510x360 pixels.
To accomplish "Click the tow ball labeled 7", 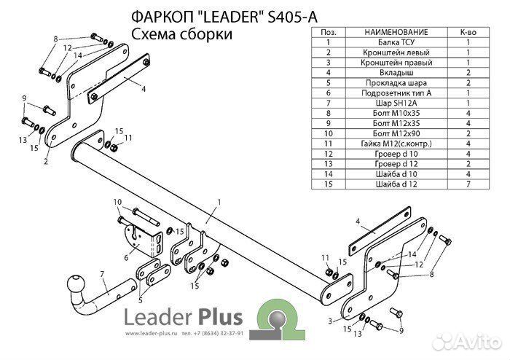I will point(76,284).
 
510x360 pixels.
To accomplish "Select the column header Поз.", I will point(328,33).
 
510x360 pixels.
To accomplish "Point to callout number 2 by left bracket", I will point(46,162).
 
